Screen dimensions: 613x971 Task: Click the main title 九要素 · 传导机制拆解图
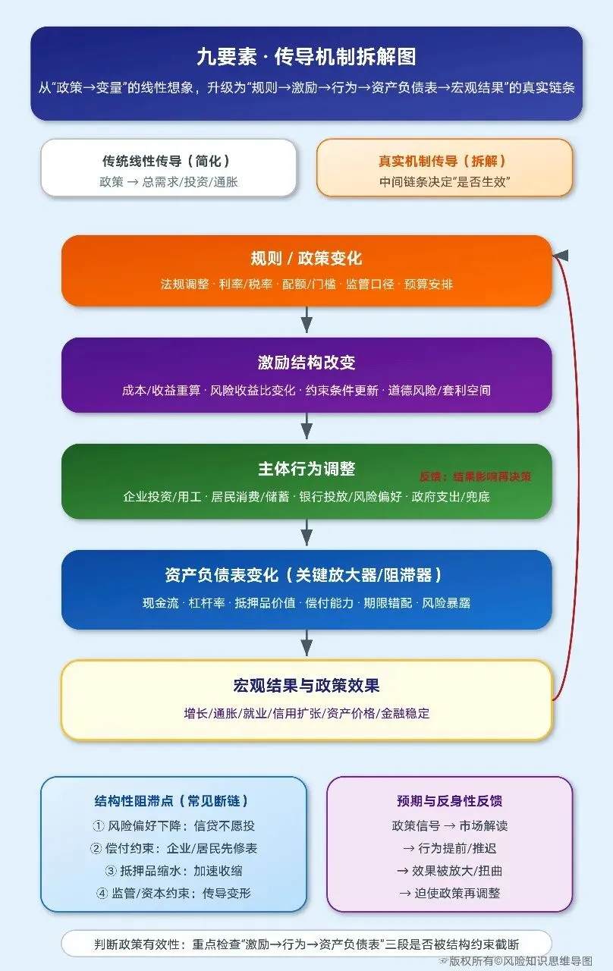[306, 58]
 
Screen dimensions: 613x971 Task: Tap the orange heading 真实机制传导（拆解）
[443, 161]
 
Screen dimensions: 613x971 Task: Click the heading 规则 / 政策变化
[306, 258]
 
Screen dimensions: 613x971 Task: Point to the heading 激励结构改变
[306, 363]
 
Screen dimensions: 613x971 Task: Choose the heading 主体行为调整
[306, 469]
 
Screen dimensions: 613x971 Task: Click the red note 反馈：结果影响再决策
[476, 477]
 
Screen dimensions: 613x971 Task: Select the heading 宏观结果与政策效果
[306, 686]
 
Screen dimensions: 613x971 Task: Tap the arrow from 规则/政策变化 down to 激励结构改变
[306, 320]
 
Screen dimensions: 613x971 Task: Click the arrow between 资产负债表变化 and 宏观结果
[306, 643]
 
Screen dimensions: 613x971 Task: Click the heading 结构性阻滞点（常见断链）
[173, 801]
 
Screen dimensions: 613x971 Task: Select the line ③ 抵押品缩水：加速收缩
[173, 870]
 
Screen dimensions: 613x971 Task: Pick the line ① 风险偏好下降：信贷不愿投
[173, 825]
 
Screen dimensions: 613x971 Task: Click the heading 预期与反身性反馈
[449, 801]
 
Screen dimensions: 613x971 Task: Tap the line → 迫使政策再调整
[449, 893]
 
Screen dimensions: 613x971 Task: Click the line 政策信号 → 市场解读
[449, 825]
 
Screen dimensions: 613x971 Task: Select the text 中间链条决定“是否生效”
[445, 182]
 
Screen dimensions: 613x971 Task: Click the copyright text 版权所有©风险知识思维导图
[520, 960]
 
